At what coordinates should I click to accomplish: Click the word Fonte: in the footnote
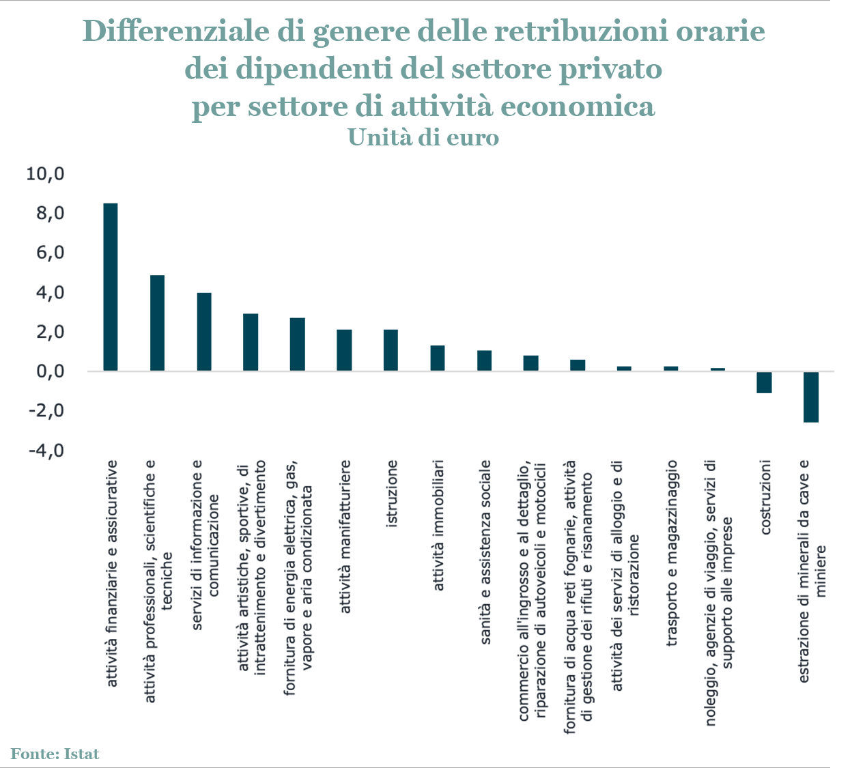click(34, 754)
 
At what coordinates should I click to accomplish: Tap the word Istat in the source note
click(82, 754)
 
